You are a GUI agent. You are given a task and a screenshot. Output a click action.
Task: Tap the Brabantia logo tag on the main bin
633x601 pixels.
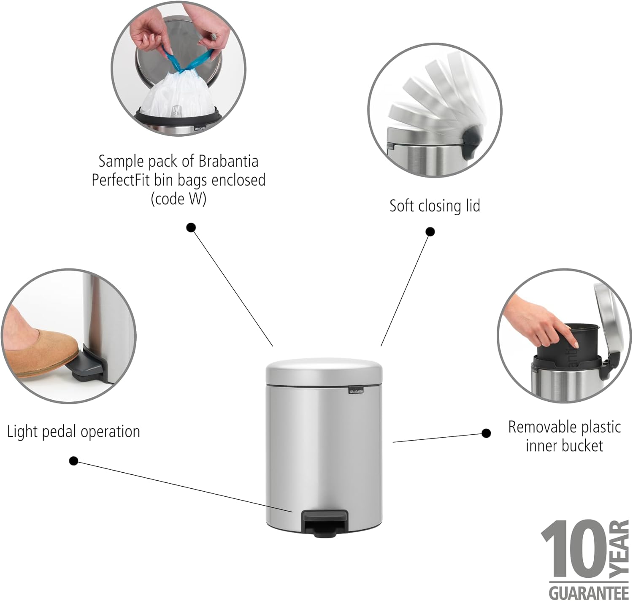(x=356, y=391)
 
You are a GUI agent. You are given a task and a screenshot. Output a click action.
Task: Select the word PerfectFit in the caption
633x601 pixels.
(x=121, y=180)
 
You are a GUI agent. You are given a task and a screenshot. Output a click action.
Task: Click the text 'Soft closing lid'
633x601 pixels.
(x=435, y=206)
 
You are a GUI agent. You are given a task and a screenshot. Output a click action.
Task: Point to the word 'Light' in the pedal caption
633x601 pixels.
(x=22, y=432)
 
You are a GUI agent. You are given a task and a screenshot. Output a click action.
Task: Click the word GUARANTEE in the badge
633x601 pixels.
(x=589, y=592)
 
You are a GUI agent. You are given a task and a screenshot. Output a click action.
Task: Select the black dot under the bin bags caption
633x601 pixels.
(x=191, y=228)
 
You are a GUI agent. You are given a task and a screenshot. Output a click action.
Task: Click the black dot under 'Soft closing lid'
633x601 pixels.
(x=430, y=232)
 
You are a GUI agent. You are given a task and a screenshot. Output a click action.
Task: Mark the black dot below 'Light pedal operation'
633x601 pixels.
(x=74, y=461)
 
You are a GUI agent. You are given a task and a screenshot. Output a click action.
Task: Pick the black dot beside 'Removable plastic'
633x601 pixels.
(x=486, y=433)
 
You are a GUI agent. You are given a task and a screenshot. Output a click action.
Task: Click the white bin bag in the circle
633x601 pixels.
(x=178, y=97)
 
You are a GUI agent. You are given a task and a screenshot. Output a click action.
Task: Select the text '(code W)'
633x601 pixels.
(x=179, y=199)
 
